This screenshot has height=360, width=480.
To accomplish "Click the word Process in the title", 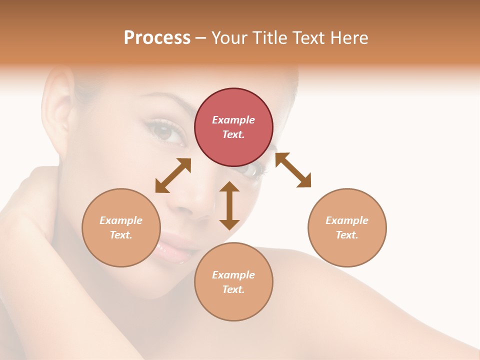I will pos(157,38).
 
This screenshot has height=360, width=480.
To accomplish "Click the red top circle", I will pos(233,127).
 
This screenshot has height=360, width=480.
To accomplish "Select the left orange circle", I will pos(121,227).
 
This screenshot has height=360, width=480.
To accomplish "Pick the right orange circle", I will pos(347,227).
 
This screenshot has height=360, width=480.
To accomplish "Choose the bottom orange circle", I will pos(233,282).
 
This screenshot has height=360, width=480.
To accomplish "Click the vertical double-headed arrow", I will pos(229,205).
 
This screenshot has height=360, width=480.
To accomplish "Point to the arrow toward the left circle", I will pos(173,175).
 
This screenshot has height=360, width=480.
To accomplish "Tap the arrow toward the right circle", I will pos(293,170).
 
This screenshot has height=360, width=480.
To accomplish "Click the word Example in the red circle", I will pos(233,120).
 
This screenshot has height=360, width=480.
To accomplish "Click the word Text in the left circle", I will pos(121,235).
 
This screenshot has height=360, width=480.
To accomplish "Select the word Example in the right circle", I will pos(347,220).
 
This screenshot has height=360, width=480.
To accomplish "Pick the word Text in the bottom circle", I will pos(233,289).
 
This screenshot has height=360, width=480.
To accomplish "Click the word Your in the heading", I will pos(229,38).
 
